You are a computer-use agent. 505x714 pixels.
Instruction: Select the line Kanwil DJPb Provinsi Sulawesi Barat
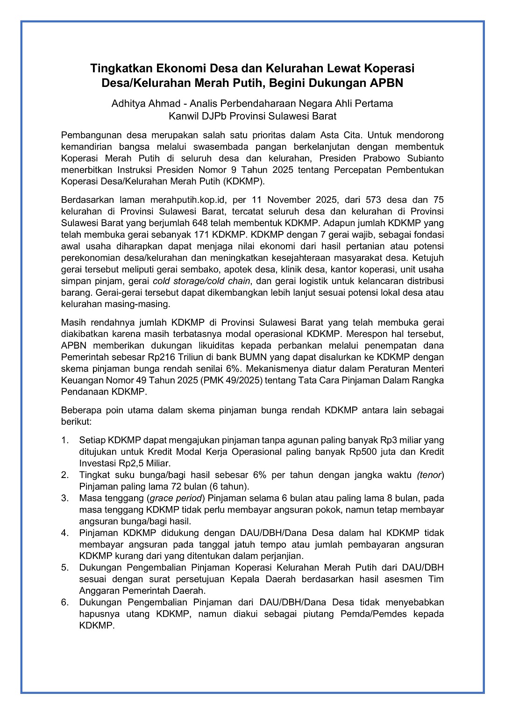pos(252,116)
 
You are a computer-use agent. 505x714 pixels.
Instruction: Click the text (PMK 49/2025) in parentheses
pos(233,380)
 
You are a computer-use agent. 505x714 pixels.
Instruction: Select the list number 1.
pos(64,440)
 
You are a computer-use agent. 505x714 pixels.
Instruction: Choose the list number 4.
pos(64,533)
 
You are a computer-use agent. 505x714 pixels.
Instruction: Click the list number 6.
pos(64,602)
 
